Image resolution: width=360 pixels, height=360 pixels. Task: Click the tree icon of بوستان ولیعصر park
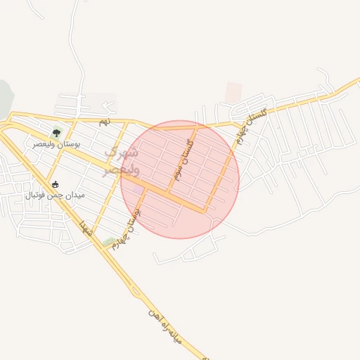[x=56, y=131]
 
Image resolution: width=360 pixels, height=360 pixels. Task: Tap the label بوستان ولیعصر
[x=56, y=143]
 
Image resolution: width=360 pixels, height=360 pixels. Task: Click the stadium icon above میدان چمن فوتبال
[x=55, y=184]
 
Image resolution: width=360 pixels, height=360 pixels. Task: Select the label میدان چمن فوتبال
[x=55, y=195]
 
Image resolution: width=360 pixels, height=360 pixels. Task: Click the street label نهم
[x=104, y=122]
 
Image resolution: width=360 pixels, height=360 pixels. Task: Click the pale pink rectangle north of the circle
[x=233, y=92]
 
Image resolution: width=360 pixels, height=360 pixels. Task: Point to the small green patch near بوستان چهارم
[x=109, y=242]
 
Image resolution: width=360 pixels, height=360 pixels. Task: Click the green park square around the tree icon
[x=56, y=131]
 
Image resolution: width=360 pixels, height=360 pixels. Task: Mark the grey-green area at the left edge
[x=4, y=98]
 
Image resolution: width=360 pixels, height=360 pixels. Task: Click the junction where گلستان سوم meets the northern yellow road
[x=196, y=127]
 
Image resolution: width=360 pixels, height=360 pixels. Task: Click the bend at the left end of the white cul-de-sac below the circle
[x=156, y=260]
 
